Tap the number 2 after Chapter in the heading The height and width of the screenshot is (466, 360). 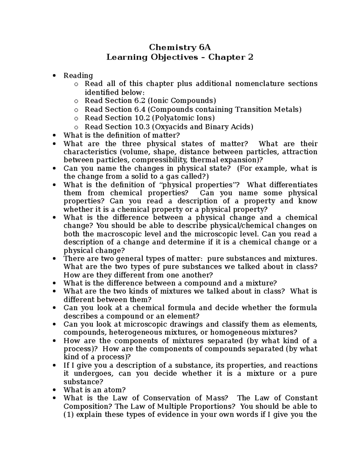coord(250,57)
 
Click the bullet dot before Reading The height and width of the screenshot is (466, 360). coord(54,76)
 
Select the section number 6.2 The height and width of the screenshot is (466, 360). coord(138,100)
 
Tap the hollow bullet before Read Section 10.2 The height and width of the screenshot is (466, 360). coord(76,118)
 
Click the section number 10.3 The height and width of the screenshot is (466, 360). coord(141,127)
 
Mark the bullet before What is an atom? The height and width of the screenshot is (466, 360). coord(54,390)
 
